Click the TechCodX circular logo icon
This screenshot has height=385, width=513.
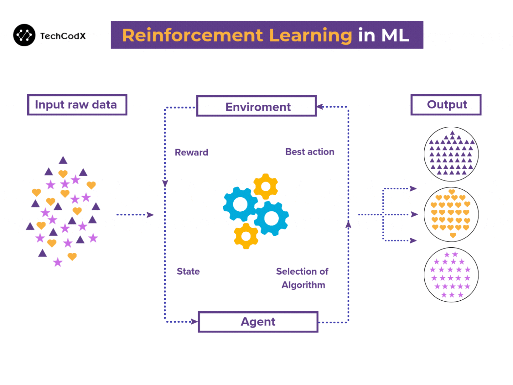24,35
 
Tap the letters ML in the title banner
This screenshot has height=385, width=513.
395,35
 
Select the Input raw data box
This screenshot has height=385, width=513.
77,105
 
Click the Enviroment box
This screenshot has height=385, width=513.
256,107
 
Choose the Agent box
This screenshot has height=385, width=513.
258,322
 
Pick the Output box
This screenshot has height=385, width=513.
446,105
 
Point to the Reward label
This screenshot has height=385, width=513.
191,152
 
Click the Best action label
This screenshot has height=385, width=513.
309,152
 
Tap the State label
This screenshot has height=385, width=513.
188,271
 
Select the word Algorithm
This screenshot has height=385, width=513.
303,285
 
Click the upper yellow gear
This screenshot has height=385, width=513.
266,187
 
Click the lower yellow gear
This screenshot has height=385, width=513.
246,236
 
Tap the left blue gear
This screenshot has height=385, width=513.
240,204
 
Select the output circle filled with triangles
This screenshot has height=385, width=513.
451,154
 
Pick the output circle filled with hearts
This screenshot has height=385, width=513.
451,214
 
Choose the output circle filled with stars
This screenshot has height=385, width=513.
451,275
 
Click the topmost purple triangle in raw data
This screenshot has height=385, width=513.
63,161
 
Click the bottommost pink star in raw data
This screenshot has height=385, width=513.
58,262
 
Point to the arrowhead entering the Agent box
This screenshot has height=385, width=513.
194,322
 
